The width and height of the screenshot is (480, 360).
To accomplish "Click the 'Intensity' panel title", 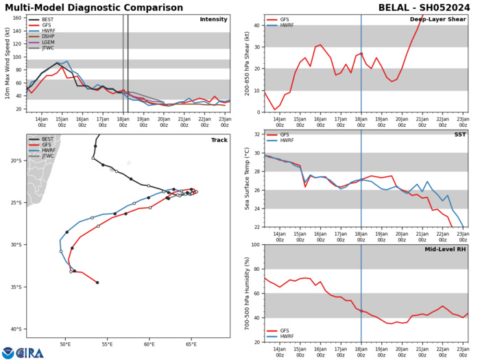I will [213, 19].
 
